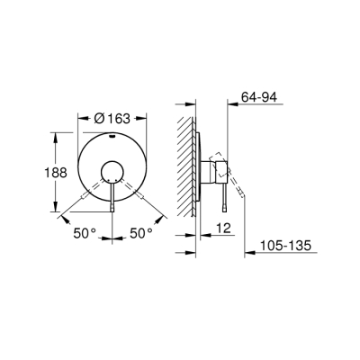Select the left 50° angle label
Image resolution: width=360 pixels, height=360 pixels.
pos(85,233)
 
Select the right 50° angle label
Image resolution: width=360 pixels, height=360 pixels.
pos(140,233)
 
